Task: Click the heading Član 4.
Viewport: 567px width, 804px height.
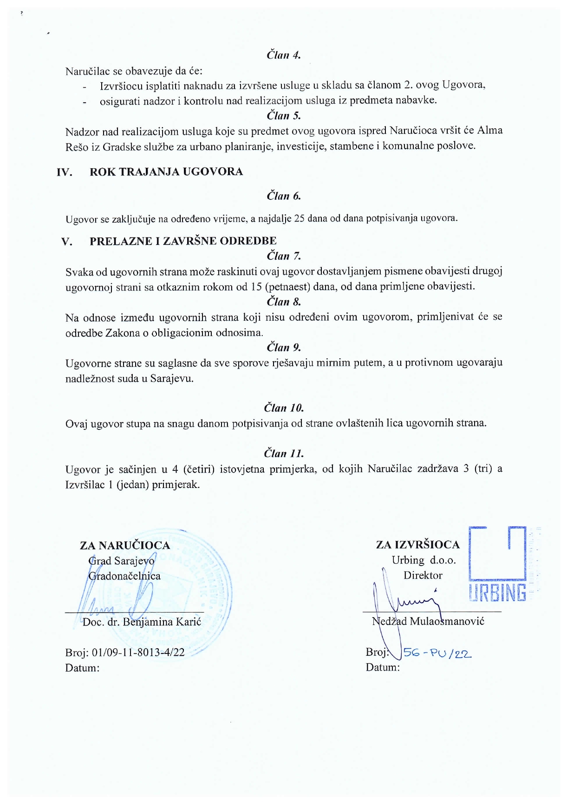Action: (x=284, y=55)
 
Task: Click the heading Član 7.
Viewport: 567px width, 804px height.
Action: (x=284, y=256)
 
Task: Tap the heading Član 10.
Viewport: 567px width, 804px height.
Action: (x=284, y=408)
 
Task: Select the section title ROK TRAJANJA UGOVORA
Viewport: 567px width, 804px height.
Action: (x=166, y=172)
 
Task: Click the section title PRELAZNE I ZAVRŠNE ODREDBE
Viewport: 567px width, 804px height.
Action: (x=183, y=241)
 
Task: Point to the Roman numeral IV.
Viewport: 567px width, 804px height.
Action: (x=65, y=172)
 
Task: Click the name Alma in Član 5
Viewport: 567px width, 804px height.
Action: (x=490, y=131)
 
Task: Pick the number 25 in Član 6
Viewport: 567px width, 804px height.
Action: (x=300, y=218)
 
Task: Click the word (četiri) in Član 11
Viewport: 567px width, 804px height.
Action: (x=199, y=469)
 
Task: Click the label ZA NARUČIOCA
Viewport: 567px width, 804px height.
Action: (x=125, y=546)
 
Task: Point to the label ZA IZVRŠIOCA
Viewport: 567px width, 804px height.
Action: (x=418, y=545)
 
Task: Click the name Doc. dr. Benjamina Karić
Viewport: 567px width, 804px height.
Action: (x=142, y=622)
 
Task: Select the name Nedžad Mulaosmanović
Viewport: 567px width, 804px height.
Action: (x=428, y=621)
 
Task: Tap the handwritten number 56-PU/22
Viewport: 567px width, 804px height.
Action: (x=437, y=653)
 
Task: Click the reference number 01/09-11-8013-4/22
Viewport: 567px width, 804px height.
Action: (x=138, y=652)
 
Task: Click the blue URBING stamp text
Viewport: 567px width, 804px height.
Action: (x=498, y=593)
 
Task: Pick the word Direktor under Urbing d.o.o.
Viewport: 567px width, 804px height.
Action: (x=423, y=575)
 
